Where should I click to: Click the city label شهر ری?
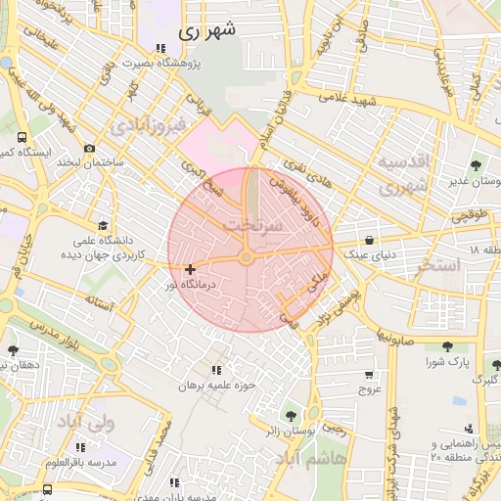tap(207, 31)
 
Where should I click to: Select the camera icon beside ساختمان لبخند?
tap(90, 149)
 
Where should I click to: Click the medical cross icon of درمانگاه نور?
tap(190, 269)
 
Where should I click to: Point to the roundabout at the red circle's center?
tap(247, 257)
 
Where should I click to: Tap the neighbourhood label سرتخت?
tap(252, 224)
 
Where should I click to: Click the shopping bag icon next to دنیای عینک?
tap(369, 241)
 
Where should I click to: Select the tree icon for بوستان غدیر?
tap(477, 165)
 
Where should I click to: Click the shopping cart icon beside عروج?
tap(369, 374)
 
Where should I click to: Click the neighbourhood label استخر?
tap(438, 265)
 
